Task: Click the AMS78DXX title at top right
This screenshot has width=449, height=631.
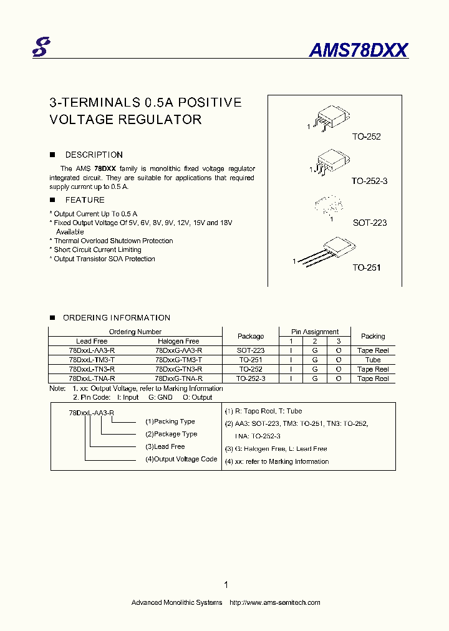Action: [x=358, y=51]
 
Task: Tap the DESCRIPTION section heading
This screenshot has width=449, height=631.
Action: [x=94, y=155]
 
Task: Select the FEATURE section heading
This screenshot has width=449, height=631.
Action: [x=85, y=200]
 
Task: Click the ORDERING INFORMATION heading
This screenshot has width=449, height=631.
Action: [x=117, y=317]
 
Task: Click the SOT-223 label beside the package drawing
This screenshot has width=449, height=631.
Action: [x=369, y=223]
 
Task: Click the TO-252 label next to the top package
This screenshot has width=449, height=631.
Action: [x=366, y=137]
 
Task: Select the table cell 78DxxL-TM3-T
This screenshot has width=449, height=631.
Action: [x=92, y=360]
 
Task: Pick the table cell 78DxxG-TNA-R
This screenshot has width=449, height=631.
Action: [x=178, y=378]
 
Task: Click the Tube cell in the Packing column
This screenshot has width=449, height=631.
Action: [x=373, y=360]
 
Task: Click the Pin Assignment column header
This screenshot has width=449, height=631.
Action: [x=315, y=332]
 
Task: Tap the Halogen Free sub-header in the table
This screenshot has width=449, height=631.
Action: [x=178, y=341]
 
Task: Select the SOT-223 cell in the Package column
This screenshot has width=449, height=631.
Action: [x=251, y=350]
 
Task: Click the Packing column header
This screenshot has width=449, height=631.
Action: [x=373, y=336]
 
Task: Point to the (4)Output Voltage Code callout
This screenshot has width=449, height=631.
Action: [x=181, y=459]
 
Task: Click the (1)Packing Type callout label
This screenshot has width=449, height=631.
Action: [x=170, y=421]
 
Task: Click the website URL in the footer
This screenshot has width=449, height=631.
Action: [x=275, y=602]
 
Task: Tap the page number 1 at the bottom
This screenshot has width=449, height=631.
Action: [x=225, y=585]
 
